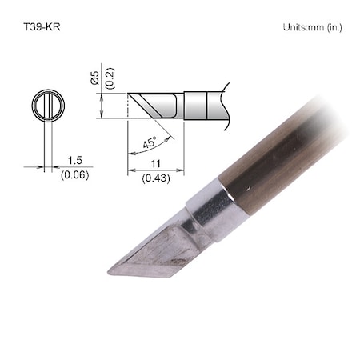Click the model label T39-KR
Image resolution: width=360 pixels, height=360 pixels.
point(39,27)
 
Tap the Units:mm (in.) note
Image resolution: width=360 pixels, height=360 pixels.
point(312,28)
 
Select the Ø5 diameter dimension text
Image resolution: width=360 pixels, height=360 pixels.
point(94,78)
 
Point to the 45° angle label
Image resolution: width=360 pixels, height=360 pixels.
point(149,142)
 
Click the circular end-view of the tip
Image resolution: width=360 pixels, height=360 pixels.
point(46,106)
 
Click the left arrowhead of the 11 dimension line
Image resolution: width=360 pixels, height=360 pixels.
point(130,169)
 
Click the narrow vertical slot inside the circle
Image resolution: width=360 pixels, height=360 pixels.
point(46,106)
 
